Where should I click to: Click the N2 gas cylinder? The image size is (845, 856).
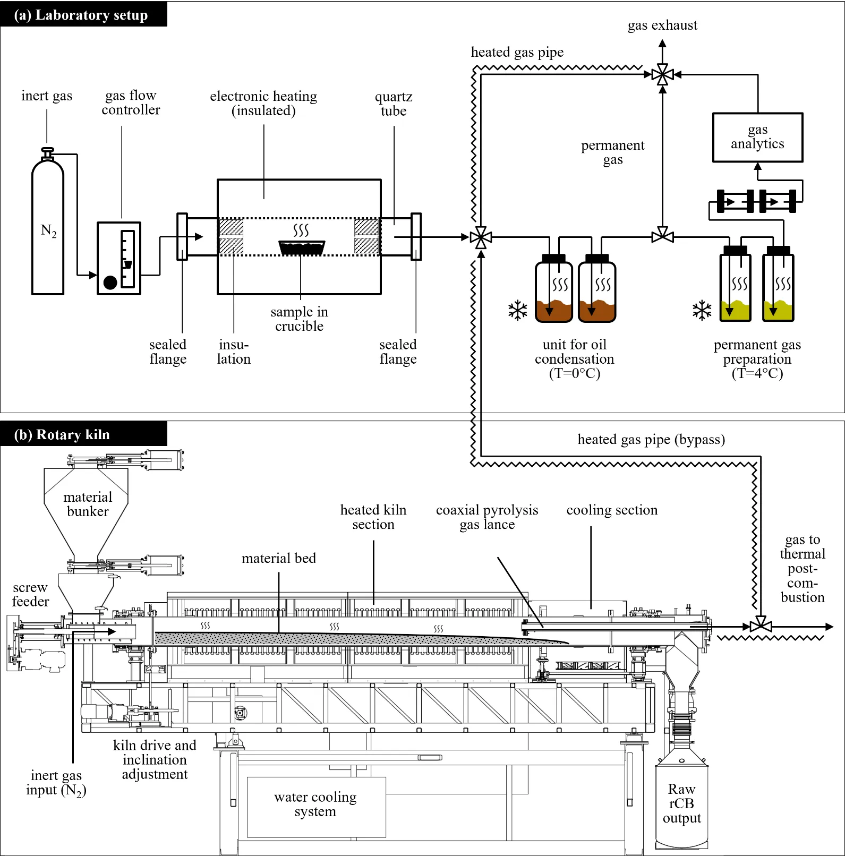pyautogui.click(x=48, y=223)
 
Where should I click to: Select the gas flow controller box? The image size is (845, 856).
pyautogui.click(x=119, y=258)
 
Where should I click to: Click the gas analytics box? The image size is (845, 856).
pyautogui.click(x=757, y=138)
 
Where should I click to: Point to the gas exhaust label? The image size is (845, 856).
pyautogui.click(x=662, y=25)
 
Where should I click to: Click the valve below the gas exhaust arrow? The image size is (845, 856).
pyautogui.click(x=662, y=75)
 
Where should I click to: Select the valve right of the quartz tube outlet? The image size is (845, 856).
pyautogui.click(x=481, y=237)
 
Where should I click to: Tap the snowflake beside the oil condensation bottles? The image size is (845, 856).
pyautogui.click(x=517, y=311)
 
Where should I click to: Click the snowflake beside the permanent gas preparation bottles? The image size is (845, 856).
pyautogui.click(x=702, y=311)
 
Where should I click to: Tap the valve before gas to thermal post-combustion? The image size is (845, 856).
pyautogui.click(x=761, y=627)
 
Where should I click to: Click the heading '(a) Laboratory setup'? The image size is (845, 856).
pyautogui.click(x=81, y=15)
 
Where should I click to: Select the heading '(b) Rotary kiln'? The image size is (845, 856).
pyautogui.click(x=62, y=435)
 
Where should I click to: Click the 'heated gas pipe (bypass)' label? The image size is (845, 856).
pyautogui.click(x=651, y=440)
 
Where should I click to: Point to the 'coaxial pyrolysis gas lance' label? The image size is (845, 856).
pyautogui.click(x=487, y=517)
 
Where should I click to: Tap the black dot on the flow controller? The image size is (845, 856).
pyautogui.click(x=110, y=283)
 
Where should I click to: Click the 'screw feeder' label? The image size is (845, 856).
pyautogui.click(x=30, y=594)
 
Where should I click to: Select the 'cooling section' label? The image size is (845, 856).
pyautogui.click(x=612, y=510)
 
